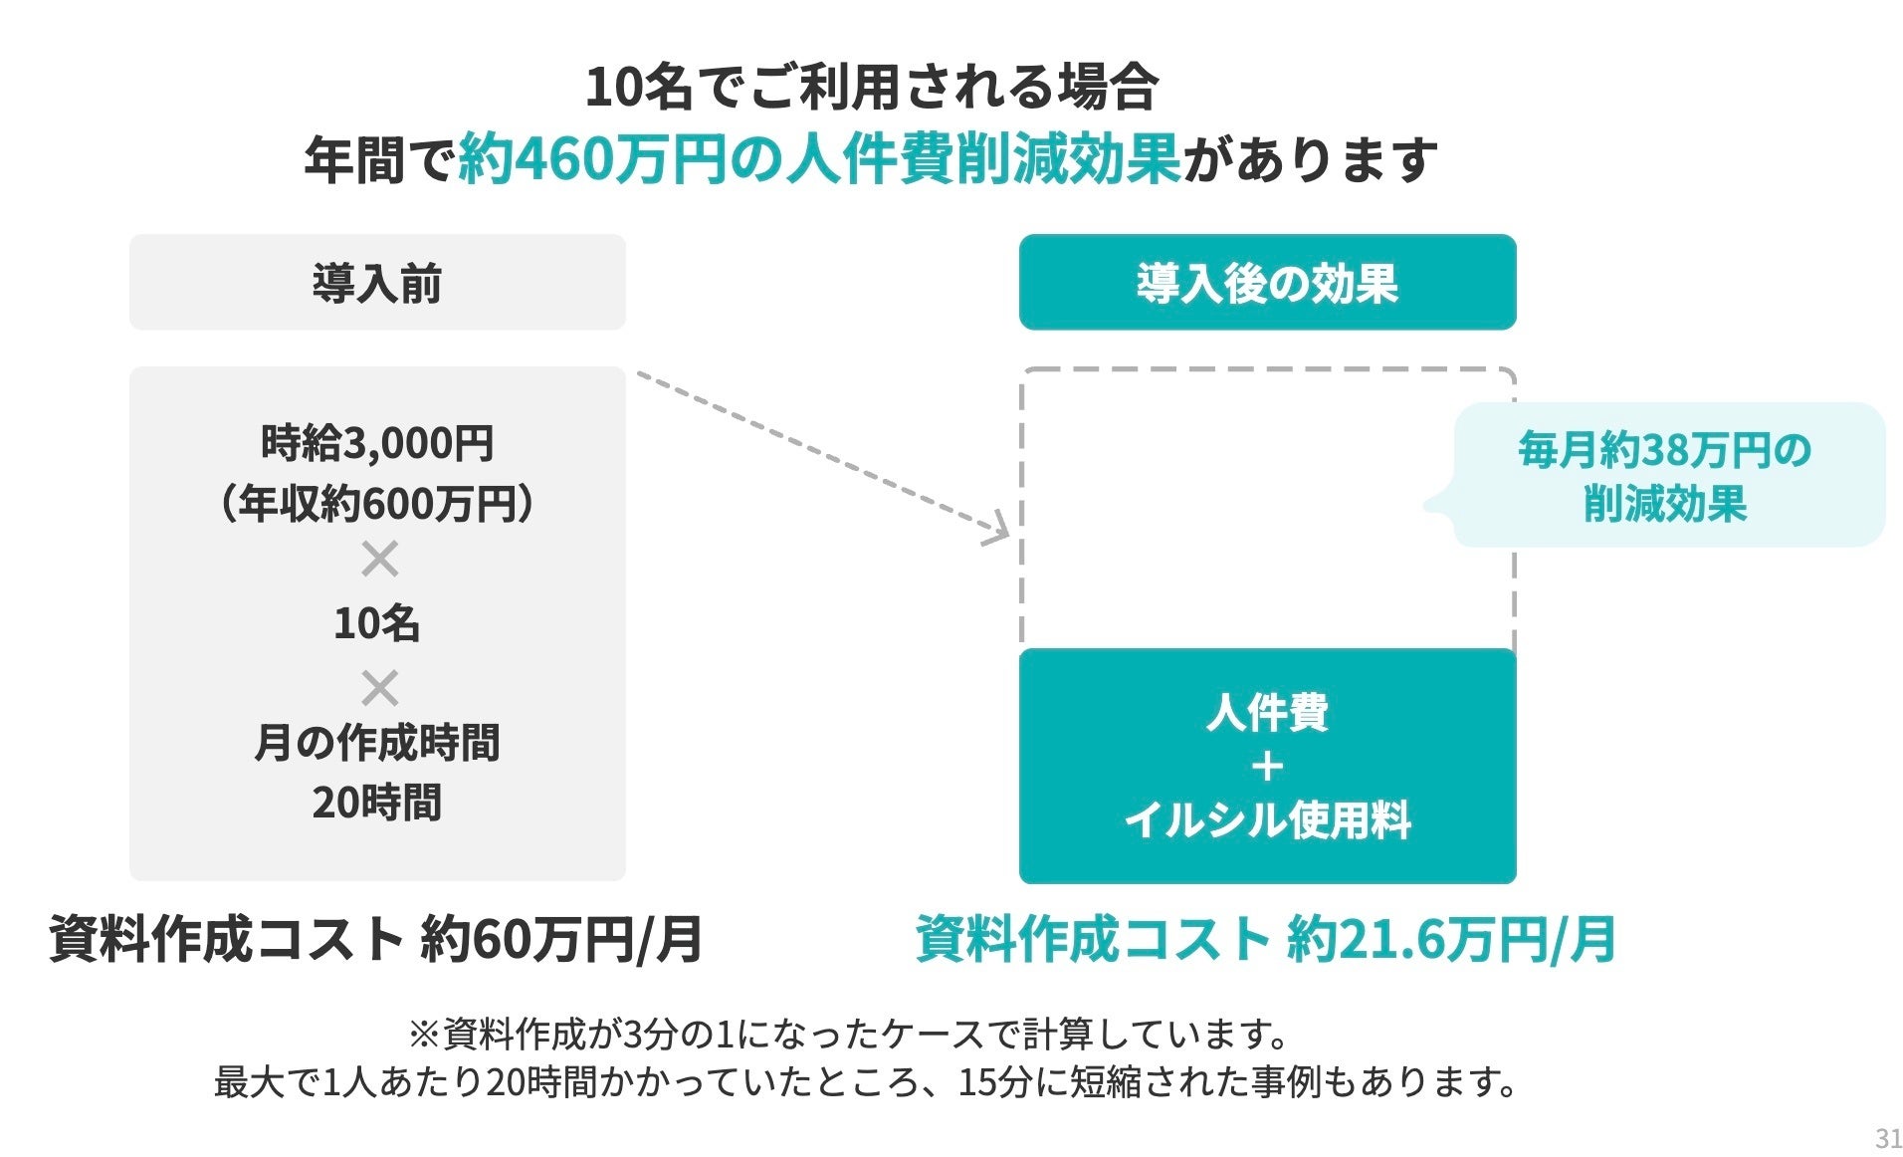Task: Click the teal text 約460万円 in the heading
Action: (x=592, y=160)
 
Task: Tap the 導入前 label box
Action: (x=377, y=283)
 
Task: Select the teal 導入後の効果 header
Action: (x=1267, y=283)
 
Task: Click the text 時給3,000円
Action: (x=377, y=443)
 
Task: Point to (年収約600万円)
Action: (x=377, y=504)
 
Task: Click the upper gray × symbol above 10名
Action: (x=379, y=559)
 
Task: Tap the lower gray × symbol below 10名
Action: (x=379, y=688)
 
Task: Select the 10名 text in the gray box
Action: (x=377, y=623)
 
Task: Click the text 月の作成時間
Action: (x=377, y=743)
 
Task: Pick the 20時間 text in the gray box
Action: (x=377, y=803)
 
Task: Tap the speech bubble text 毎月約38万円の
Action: (x=1664, y=450)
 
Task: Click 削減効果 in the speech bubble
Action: (x=1665, y=504)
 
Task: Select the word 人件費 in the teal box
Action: (x=1267, y=712)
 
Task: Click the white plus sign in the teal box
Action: (x=1267, y=767)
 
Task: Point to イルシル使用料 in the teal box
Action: (x=1267, y=820)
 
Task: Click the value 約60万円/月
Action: (x=561, y=939)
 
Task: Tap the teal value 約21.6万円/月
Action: (x=1450, y=939)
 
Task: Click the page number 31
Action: (x=1887, y=1138)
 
